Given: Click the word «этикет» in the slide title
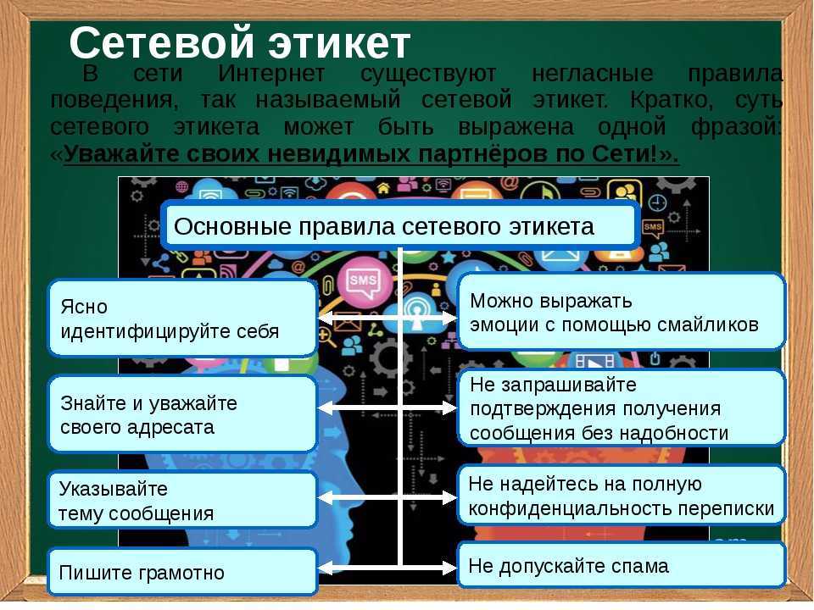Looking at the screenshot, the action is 338,43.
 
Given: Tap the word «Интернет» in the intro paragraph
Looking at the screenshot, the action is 271,73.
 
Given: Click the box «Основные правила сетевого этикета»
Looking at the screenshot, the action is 399,226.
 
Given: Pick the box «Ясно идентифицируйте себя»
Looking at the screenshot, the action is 182,319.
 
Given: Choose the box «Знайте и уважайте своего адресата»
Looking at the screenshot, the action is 182,414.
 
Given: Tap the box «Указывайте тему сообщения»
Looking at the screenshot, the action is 182,501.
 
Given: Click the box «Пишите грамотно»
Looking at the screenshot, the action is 182,572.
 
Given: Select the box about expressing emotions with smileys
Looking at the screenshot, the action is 621,313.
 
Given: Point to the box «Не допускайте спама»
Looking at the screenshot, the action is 621,565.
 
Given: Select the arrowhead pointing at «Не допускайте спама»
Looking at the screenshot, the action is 449,568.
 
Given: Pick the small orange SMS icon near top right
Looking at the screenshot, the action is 653,228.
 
